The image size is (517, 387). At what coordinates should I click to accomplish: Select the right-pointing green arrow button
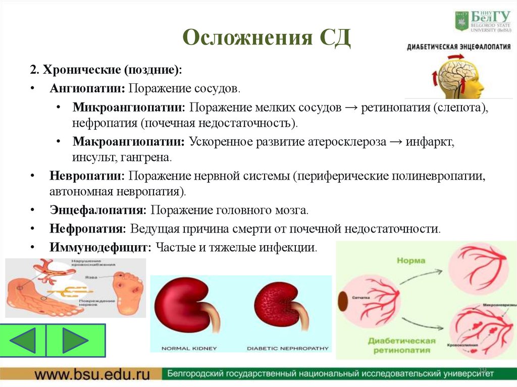[x=75, y=340]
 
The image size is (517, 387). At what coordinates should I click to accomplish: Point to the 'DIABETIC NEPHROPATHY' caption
[x=288, y=348]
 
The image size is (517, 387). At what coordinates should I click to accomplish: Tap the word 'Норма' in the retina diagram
[x=410, y=261]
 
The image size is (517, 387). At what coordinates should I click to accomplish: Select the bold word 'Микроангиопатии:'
[x=129, y=108]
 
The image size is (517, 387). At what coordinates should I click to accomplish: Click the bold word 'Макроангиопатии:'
[x=129, y=142]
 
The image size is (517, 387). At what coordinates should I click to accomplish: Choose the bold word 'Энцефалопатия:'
[x=98, y=210]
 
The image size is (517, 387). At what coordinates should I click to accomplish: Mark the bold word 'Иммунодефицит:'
[x=100, y=247]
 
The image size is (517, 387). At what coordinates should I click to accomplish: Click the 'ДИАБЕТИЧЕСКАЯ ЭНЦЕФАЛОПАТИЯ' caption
[x=458, y=46]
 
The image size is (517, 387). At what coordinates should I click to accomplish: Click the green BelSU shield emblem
[x=461, y=21]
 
